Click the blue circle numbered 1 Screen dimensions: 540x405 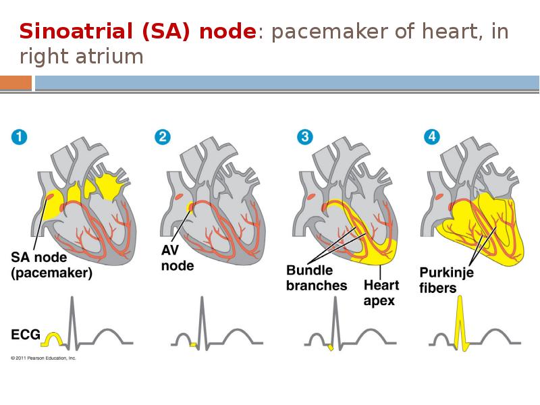click(19, 137)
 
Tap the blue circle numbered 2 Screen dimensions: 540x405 click(163, 137)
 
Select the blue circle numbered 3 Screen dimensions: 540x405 click(305, 137)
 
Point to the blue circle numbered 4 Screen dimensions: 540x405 click(432, 137)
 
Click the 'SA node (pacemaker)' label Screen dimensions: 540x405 click(52, 265)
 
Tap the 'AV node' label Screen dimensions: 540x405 click(178, 258)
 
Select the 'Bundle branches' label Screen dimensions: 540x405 click(317, 278)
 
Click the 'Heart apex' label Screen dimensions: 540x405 click(381, 293)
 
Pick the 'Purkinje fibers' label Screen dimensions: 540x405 click(446, 280)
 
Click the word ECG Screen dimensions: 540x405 click(26, 334)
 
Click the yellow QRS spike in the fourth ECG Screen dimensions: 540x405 click(460, 323)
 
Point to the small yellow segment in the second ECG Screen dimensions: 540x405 click(193, 344)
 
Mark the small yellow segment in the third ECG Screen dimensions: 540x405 click(331, 347)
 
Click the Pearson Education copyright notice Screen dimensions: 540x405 click(43, 358)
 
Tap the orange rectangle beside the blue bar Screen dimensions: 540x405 click(16, 83)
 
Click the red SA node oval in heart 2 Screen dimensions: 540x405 click(179, 197)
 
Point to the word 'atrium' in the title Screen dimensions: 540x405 click(109, 57)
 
